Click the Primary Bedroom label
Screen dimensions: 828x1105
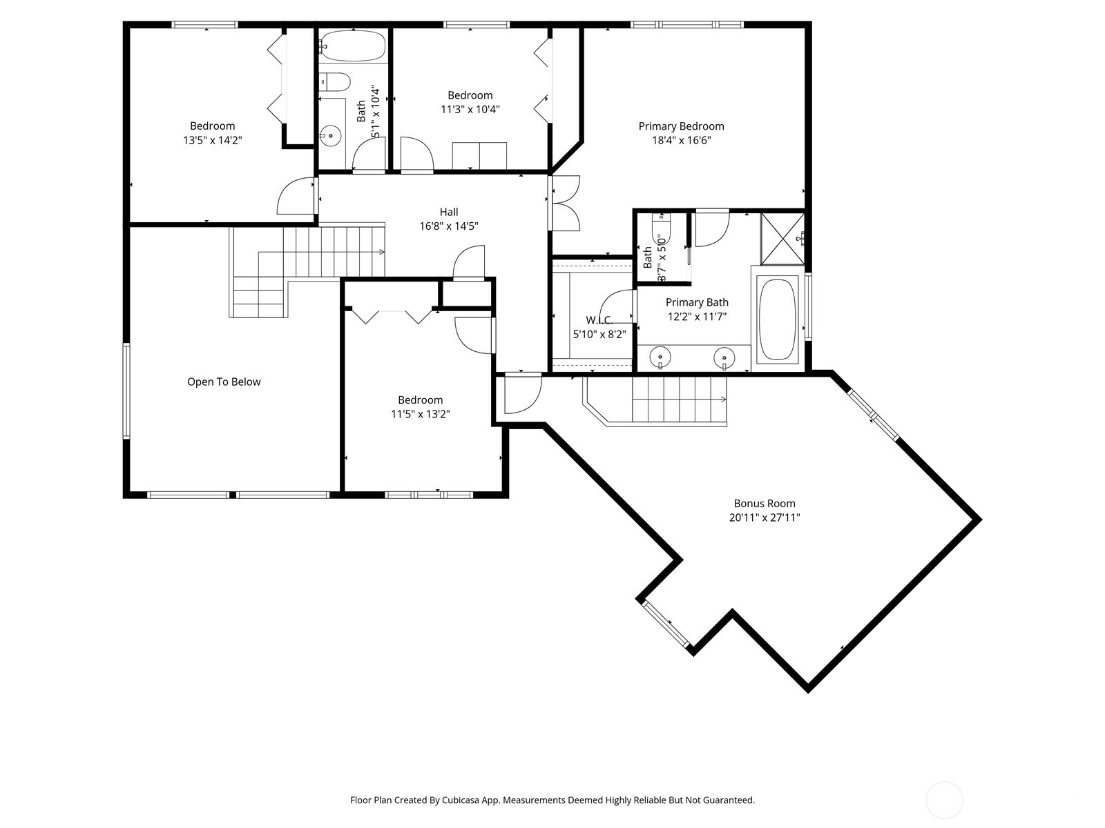pos(681,126)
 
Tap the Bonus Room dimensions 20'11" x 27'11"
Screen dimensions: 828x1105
pos(764,517)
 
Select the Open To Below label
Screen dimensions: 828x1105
pos(224,382)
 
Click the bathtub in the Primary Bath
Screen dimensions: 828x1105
pos(778,319)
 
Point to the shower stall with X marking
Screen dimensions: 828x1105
pos(782,239)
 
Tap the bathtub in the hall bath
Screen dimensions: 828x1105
pos(353,46)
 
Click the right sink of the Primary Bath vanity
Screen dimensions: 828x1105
pos(724,357)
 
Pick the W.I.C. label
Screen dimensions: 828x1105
pos(599,320)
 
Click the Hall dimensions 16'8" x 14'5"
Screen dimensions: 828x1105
pos(449,226)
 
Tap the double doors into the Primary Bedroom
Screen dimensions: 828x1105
pos(565,204)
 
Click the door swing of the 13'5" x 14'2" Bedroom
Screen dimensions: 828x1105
pos(296,197)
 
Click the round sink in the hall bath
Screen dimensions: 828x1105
pos(331,136)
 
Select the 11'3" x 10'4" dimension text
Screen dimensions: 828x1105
pos(470,109)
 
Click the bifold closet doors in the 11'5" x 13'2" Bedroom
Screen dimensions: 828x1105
pos(392,315)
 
